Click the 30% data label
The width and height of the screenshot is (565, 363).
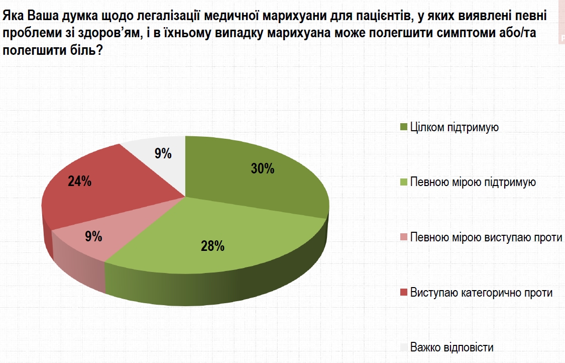(262, 169)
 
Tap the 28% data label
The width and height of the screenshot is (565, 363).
(212, 246)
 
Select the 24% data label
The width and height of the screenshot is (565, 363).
(79, 181)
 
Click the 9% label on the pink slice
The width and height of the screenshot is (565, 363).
(93, 236)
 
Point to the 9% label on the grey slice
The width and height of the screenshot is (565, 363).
(163, 154)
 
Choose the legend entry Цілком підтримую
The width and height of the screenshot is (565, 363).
(454, 127)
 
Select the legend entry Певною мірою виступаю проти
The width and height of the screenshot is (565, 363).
(486, 237)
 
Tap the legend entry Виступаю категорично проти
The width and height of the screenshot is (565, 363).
(481, 292)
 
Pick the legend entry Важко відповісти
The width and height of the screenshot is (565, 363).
(451, 347)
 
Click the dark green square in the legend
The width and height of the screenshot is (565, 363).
(403, 127)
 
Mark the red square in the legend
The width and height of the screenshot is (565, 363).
(403, 292)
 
